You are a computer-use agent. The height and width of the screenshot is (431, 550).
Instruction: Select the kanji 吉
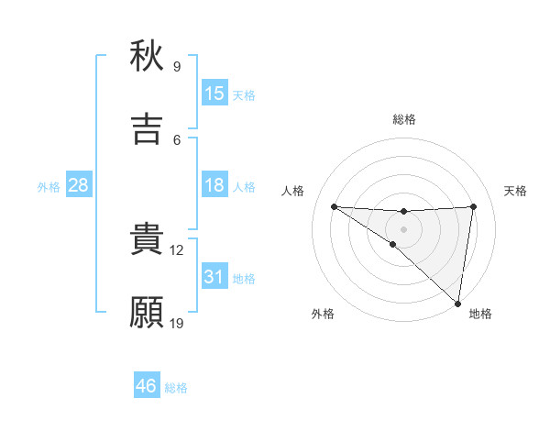pyautogui.click(x=147, y=128)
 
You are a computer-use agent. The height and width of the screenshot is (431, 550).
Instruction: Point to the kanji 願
pyautogui.click(x=147, y=312)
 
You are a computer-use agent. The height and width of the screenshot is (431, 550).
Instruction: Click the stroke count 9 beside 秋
pyautogui.click(x=176, y=67)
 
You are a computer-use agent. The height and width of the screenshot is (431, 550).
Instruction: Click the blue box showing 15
pyautogui.click(x=214, y=94)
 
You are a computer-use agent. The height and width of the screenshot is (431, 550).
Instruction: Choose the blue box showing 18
pyautogui.click(x=214, y=185)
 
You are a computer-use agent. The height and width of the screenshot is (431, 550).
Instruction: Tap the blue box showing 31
pyautogui.click(x=214, y=277)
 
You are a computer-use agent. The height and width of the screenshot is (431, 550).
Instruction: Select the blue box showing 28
pyautogui.click(x=79, y=185)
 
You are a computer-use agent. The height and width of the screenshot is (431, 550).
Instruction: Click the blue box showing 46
pyautogui.click(x=147, y=386)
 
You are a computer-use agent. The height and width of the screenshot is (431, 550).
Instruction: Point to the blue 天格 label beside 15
pyautogui.click(x=244, y=95)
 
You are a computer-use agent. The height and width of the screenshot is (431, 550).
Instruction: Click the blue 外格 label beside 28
pyautogui.click(x=49, y=187)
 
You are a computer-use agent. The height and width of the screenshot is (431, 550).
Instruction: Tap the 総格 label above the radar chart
pyautogui.click(x=403, y=119)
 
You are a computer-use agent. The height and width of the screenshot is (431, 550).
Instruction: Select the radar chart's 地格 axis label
pyautogui.click(x=480, y=314)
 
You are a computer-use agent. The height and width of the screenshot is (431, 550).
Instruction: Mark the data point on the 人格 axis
pyautogui.click(x=334, y=206)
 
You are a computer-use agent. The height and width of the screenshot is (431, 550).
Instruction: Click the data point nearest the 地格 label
pyautogui.click(x=457, y=304)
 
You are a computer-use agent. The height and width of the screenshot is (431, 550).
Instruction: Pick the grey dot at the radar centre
pyautogui.click(x=403, y=228)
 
